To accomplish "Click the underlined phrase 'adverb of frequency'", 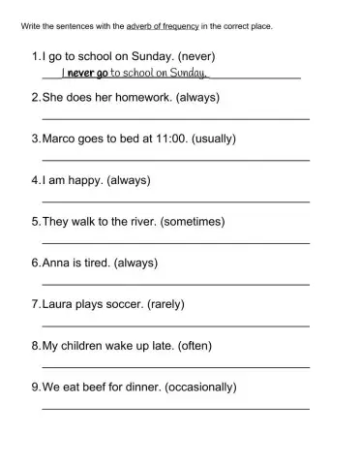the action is point(168,26).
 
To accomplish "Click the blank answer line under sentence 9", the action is point(175,408).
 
